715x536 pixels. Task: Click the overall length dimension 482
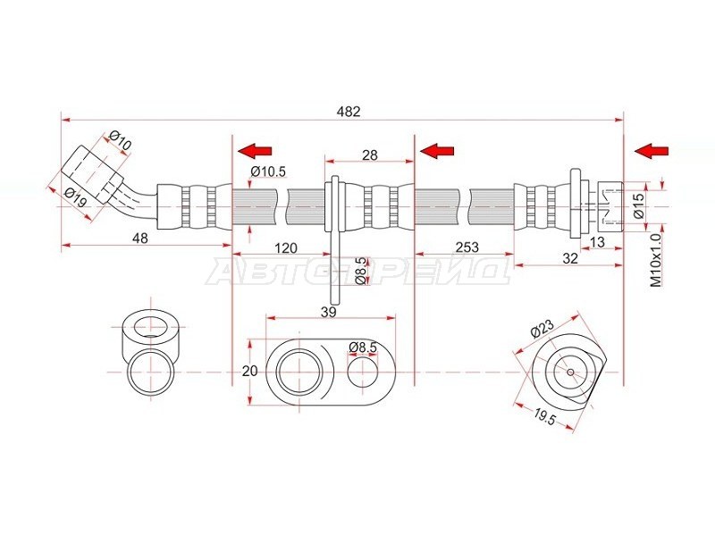[x=349, y=112]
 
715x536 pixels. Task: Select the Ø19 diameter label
[x=76, y=197]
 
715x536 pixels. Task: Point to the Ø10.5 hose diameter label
[x=268, y=172]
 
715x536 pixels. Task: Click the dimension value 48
[x=139, y=238]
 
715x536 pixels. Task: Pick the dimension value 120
[x=285, y=248]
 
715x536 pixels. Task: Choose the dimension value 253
[x=467, y=247]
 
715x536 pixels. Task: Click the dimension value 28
[x=370, y=155]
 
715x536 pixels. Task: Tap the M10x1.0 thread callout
[x=656, y=260]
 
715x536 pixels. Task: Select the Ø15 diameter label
[x=639, y=205]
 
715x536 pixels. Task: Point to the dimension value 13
[x=597, y=242]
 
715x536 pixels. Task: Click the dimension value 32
[x=570, y=258]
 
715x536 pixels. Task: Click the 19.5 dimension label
[x=544, y=417]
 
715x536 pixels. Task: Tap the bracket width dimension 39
[x=328, y=312]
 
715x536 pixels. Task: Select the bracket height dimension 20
[x=250, y=371]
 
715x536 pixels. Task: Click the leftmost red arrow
[x=255, y=150]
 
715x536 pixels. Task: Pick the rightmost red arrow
[x=652, y=150]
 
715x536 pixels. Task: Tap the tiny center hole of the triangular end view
[x=570, y=372]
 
